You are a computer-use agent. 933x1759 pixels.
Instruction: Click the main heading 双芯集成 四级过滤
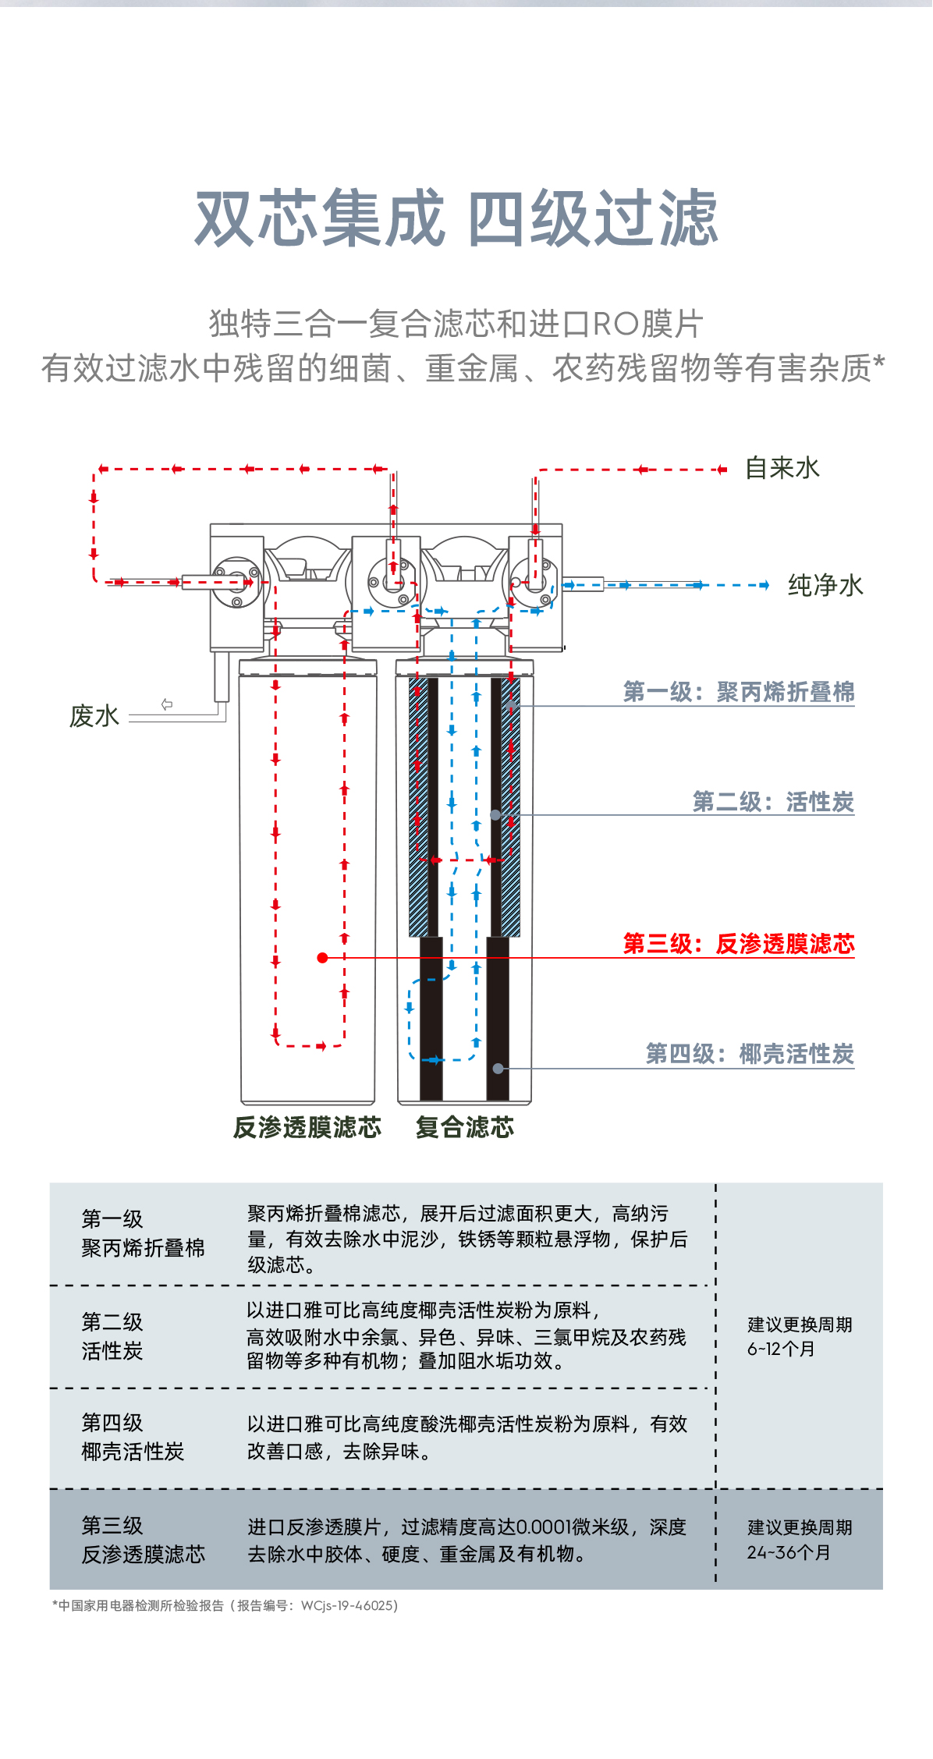click(456, 218)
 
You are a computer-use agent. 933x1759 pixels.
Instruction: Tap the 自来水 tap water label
click(782, 468)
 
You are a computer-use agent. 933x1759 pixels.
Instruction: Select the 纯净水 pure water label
click(825, 585)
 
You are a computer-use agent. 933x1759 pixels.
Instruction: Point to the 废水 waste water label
click(94, 716)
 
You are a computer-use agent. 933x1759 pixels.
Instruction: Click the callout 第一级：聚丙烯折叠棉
click(738, 692)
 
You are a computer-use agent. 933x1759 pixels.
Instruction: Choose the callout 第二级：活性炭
click(773, 802)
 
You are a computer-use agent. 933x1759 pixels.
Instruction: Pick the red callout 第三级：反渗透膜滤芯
click(738, 944)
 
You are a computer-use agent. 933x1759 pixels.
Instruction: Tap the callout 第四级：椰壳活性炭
click(750, 1054)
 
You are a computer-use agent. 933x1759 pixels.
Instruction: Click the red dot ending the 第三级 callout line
click(322, 958)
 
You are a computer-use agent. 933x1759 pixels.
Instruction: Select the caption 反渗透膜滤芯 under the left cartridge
click(307, 1127)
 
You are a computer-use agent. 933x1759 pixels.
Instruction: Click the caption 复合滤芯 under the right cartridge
click(465, 1127)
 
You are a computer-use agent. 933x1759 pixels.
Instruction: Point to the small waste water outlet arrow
click(167, 704)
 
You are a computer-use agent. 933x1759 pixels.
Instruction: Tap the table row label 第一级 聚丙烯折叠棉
click(143, 1233)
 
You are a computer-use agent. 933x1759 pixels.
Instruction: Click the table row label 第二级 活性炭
click(112, 1336)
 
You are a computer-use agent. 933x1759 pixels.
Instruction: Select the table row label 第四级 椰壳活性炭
click(133, 1437)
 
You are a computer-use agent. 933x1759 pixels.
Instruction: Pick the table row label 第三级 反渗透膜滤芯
click(143, 1540)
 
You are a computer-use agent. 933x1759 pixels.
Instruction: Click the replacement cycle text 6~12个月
click(781, 1349)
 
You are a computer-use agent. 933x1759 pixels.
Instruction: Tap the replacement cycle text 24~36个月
click(788, 1553)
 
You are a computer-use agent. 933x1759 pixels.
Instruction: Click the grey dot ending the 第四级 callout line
click(498, 1069)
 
